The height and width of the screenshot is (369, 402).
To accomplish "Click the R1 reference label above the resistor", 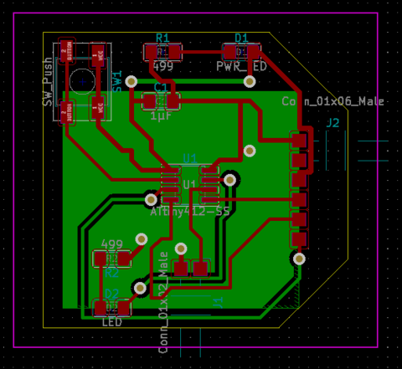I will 162,38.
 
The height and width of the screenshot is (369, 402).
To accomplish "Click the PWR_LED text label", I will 241,65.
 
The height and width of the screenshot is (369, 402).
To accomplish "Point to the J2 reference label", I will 332,124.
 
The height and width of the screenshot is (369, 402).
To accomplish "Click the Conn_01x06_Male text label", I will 332,101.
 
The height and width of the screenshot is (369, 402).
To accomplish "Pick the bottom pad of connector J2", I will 299,239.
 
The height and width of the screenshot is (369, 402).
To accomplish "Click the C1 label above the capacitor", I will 161,87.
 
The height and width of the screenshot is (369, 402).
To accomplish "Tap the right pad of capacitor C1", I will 173,101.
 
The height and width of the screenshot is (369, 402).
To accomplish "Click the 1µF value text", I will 161,116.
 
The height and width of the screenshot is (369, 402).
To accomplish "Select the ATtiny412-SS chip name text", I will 190,213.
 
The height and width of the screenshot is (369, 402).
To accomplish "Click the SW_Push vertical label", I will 48,81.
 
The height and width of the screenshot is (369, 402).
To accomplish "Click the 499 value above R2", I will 112,245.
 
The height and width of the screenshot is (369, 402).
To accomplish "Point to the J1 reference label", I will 218,301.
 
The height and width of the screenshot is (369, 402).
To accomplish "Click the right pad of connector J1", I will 201,268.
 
